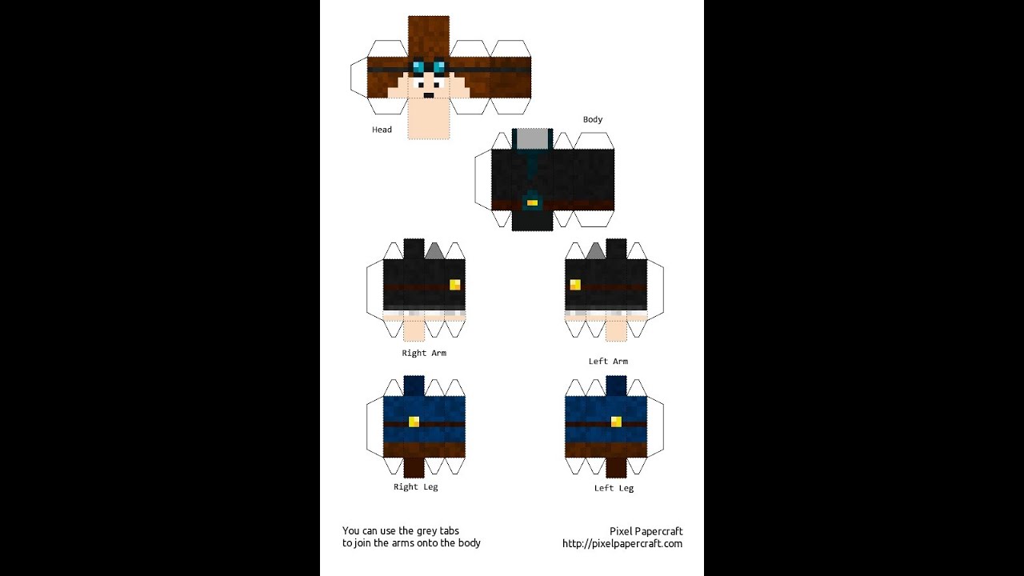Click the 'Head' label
382,130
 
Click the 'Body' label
593,119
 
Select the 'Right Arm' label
424,353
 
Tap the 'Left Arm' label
608,361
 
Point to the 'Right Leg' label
415,487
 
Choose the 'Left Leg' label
614,488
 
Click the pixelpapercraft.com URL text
622,543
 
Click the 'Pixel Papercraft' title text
646,531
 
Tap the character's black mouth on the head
428,95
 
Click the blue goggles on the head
428,67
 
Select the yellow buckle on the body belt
532,203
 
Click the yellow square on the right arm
454,284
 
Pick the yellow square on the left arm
575,284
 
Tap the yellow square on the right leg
414,422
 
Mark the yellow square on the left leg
616,422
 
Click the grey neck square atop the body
532,139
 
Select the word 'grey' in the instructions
426,531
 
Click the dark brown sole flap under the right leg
414,468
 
